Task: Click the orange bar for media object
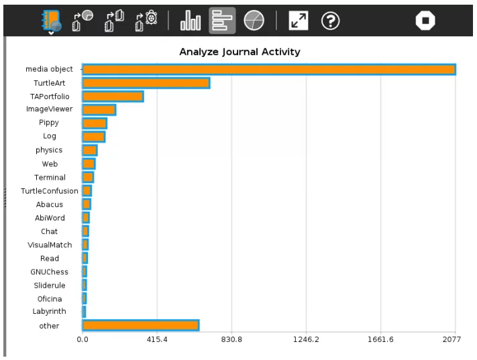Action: click(x=268, y=69)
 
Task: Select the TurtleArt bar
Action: click(x=146, y=83)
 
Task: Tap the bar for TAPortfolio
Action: click(x=113, y=97)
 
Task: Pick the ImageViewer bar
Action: click(x=99, y=109)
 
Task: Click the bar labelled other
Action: click(x=140, y=325)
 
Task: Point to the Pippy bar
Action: click(x=94, y=123)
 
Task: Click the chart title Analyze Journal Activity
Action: click(x=240, y=52)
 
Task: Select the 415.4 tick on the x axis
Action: click(x=157, y=340)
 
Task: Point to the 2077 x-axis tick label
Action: click(x=452, y=340)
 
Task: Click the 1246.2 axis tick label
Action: click(x=306, y=340)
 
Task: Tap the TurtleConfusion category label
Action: click(x=50, y=191)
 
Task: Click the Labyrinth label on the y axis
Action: click(x=50, y=312)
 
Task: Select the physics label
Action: click(x=49, y=150)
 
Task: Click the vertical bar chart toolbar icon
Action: click(x=191, y=21)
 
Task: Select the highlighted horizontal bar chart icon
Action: click(x=222, y=21)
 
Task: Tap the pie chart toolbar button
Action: click(x=254, y=21)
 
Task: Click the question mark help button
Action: click(x=330, y=21)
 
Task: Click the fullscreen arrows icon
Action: click(x=299, y=21)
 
